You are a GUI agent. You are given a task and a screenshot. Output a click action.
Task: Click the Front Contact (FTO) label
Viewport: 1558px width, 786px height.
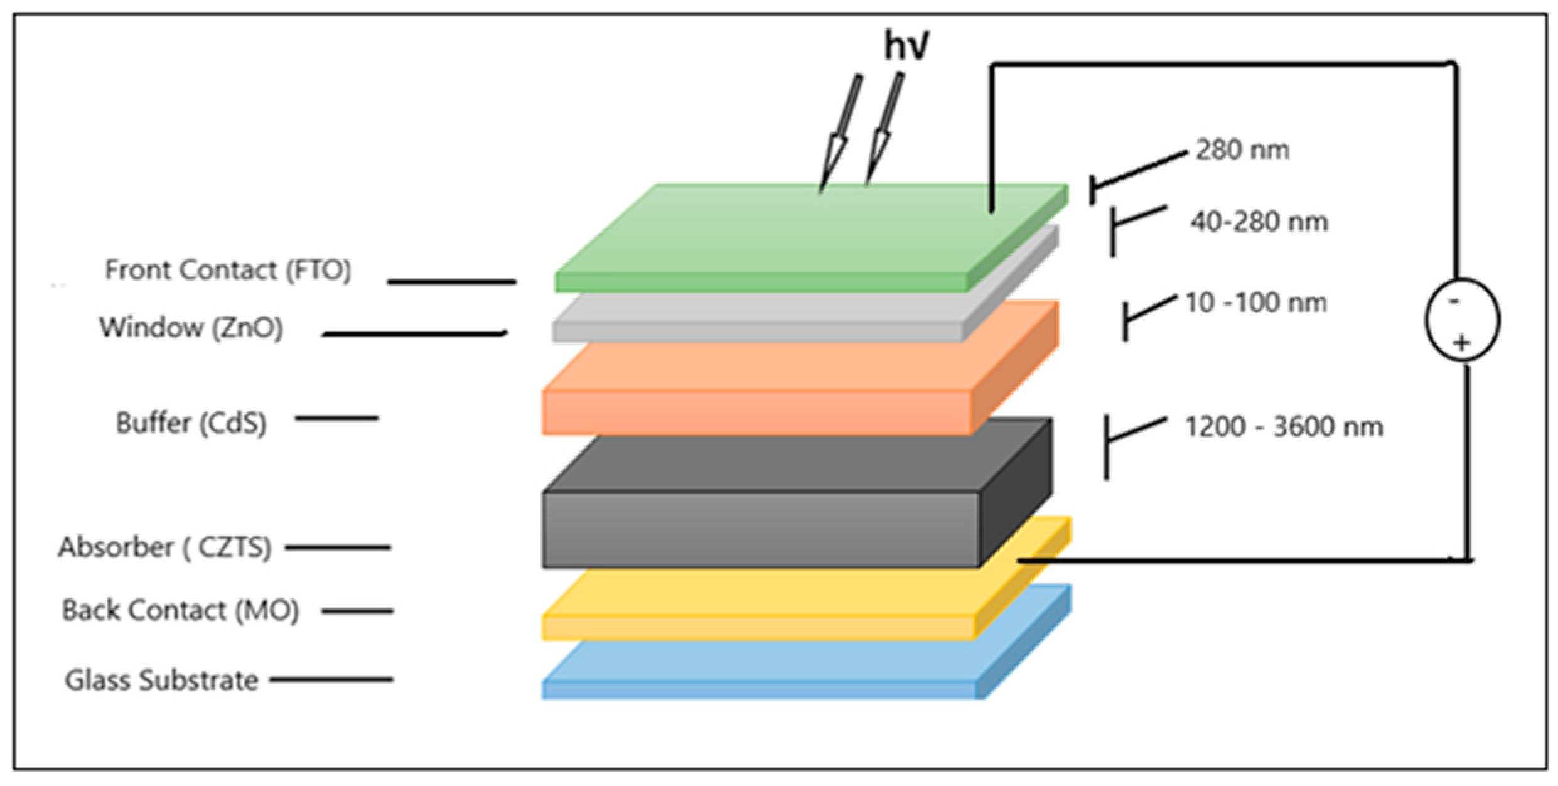click(x=227, y=270)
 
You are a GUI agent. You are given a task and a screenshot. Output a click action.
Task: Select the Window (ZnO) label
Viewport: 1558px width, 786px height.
click(x=191, y=328)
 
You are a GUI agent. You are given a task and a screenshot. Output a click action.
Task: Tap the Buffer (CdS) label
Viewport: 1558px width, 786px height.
click(x=191, y=423)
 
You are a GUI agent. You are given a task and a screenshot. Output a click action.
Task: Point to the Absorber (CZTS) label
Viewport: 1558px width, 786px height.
click(x=164, y=547)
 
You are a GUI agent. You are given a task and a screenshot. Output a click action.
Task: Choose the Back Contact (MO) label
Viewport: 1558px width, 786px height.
click(x=180, y=610)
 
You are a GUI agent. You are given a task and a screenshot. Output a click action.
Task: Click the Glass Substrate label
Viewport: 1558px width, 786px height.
click(x=162, y=680)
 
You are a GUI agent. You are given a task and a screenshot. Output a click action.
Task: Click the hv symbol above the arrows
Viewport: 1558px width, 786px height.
click(x=906, y=45)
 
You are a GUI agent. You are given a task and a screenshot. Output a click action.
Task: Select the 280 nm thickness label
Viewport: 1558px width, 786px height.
click(x=1242, y=150)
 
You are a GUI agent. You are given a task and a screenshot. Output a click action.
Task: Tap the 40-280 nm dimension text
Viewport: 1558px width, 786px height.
click(x=1259, y=222)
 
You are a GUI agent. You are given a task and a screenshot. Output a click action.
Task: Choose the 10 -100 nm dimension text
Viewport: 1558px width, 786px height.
click(x=1255, y=303)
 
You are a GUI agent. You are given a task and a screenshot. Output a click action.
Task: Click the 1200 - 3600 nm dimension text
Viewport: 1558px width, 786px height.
click(x=1284, y=426)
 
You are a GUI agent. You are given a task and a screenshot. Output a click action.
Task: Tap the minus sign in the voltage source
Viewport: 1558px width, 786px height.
click(x=1454, y=301)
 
